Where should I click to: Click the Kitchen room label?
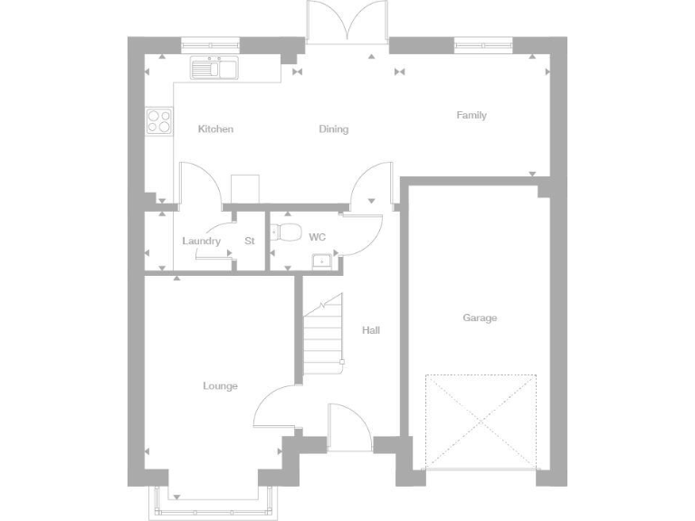[215, 129]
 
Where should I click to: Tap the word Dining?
[333, 129]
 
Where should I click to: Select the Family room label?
[471, 116]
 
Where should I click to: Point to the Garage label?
[480, 318]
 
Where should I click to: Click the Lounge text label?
[220, 386]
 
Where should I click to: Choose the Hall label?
[371, 330]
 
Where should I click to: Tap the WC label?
[317, 237]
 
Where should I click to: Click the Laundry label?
[201, 242]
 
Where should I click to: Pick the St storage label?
[250, 242]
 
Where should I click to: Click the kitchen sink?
[214, 68]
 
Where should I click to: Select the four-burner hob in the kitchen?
[159, 121]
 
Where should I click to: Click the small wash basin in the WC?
[321, 262]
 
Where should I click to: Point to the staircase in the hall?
[323, 335]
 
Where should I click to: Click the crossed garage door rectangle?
[481, 421]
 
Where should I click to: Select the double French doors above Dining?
[347, 22]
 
